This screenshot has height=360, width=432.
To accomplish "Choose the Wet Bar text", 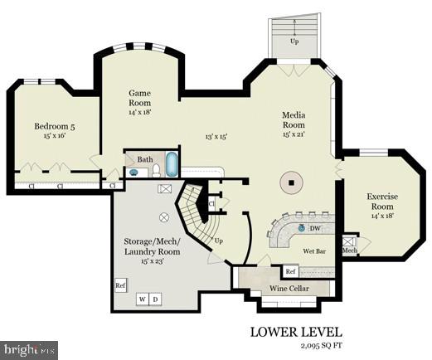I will pyautogui.click(x=313, y=250).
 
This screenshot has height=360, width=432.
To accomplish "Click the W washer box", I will pyautogui.click(x=143, y=299).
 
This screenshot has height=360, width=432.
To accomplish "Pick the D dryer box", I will pyautogui.click(x=155, y=299).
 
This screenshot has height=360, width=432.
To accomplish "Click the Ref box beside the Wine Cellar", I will pyautogui.click(x=290, y=271).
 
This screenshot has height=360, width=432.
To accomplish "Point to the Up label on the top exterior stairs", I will pyautogui.click(x=294, y=40).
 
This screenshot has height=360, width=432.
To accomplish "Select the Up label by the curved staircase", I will pyautogui.click(x=219, y=241).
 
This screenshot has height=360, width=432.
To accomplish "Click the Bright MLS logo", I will pyautogui.click(x=30, y=349).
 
